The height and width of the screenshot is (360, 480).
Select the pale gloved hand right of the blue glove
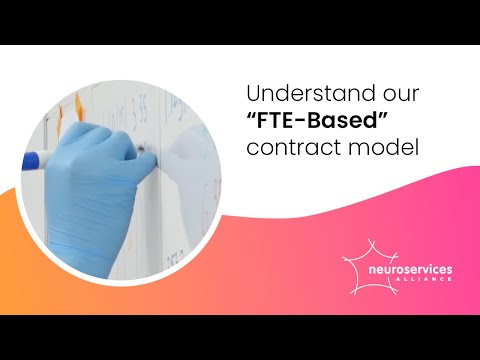point(185,160)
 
